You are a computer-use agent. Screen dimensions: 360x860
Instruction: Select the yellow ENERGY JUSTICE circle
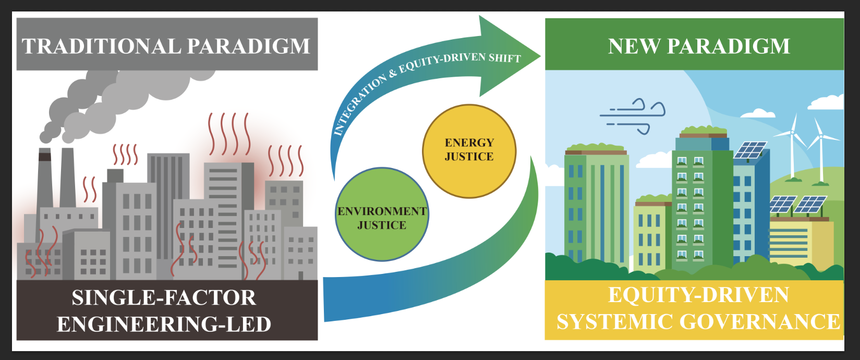pos(469,151)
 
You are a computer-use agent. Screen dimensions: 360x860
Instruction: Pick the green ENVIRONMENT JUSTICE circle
pos(382,214)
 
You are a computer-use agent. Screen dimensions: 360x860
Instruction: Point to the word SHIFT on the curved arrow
pos(504,57)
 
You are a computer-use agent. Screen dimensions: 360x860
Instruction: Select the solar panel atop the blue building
pos(750,150)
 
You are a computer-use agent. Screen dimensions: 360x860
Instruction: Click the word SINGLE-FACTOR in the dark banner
pos(164,298)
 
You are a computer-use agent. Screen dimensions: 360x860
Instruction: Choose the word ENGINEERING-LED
pos(164,325)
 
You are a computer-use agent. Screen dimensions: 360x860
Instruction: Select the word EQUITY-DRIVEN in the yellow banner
pos(698,295)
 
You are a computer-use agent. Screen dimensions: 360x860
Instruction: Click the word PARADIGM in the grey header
pos(248,46)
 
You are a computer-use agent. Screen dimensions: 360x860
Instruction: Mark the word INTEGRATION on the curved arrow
pos(359,105)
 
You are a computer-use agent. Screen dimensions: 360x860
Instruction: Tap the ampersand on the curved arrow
pos(393,74)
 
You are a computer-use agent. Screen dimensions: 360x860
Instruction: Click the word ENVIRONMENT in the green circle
pos(382,211)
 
